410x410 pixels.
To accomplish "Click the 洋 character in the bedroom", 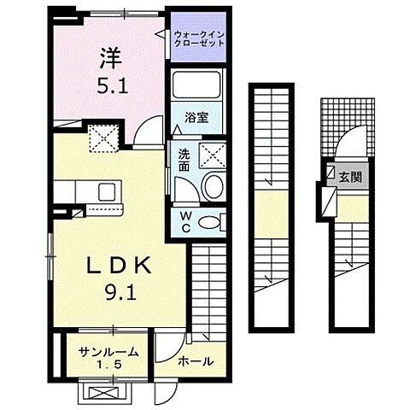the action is [x=111, y=58].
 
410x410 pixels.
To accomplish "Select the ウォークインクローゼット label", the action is [x=199, y=39].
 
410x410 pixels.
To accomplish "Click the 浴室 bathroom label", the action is [x=196, y=118].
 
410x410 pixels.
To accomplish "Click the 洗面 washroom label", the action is [x=184, y=161].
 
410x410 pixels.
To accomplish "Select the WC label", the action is [x=186, y=222].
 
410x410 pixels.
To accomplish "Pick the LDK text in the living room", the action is [x=119, y=266].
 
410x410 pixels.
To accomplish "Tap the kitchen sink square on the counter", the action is [x=107, y=192].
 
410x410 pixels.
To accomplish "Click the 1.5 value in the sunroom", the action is [x=108, y=365].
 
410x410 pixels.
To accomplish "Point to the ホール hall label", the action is [x=196, y=361].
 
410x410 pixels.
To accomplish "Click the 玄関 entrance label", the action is [x=350, y=178].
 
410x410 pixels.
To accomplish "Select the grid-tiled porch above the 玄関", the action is [x=348, y=127].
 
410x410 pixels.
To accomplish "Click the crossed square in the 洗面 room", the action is [x=212, y=155].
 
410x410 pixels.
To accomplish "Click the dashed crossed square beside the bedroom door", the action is [x=103, y=138].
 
